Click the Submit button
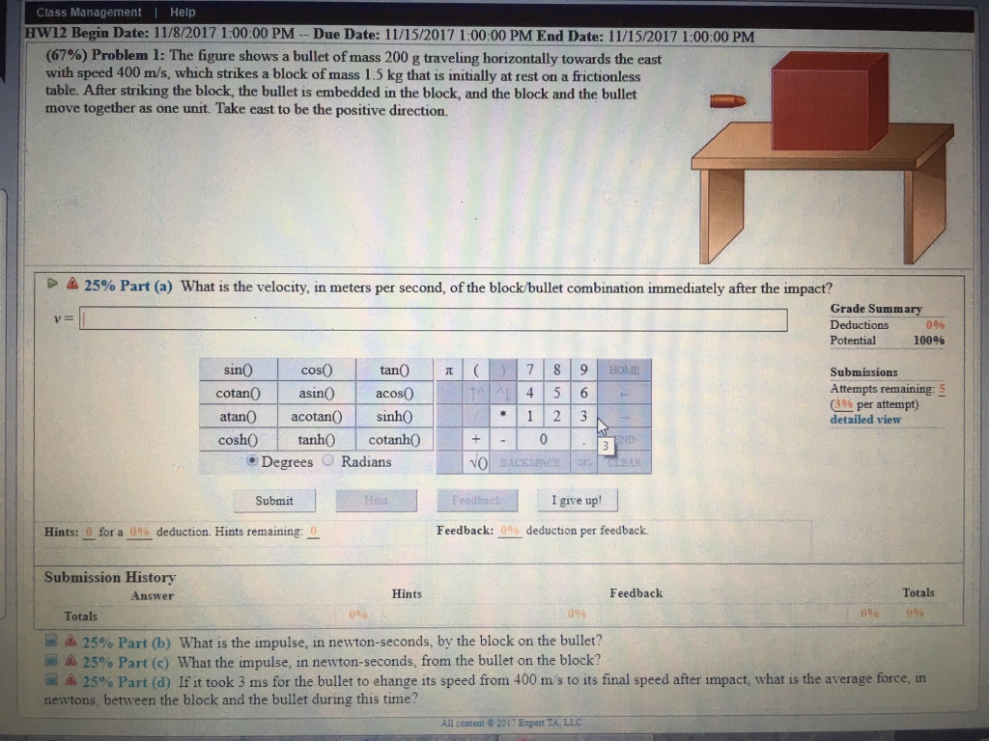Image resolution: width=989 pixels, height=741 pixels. (x=273, y=501)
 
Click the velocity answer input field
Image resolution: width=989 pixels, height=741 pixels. (x=434, y=319)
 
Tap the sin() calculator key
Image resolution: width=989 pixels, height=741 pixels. (x=239, y=370)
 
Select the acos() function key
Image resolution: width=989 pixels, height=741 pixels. (x=395, y=394)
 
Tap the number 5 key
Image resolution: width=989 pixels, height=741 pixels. (x=558, y=394)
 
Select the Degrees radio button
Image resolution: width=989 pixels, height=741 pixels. (x=253, y=461)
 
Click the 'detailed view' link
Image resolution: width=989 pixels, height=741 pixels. (x=865, y=420)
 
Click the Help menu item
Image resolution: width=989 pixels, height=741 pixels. (x=183, y=13)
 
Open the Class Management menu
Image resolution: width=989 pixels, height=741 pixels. (x=89, y=13)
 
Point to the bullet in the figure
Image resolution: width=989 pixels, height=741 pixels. (x=729, y=100)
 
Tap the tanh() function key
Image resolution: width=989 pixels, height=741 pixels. (x=317, y=439)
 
